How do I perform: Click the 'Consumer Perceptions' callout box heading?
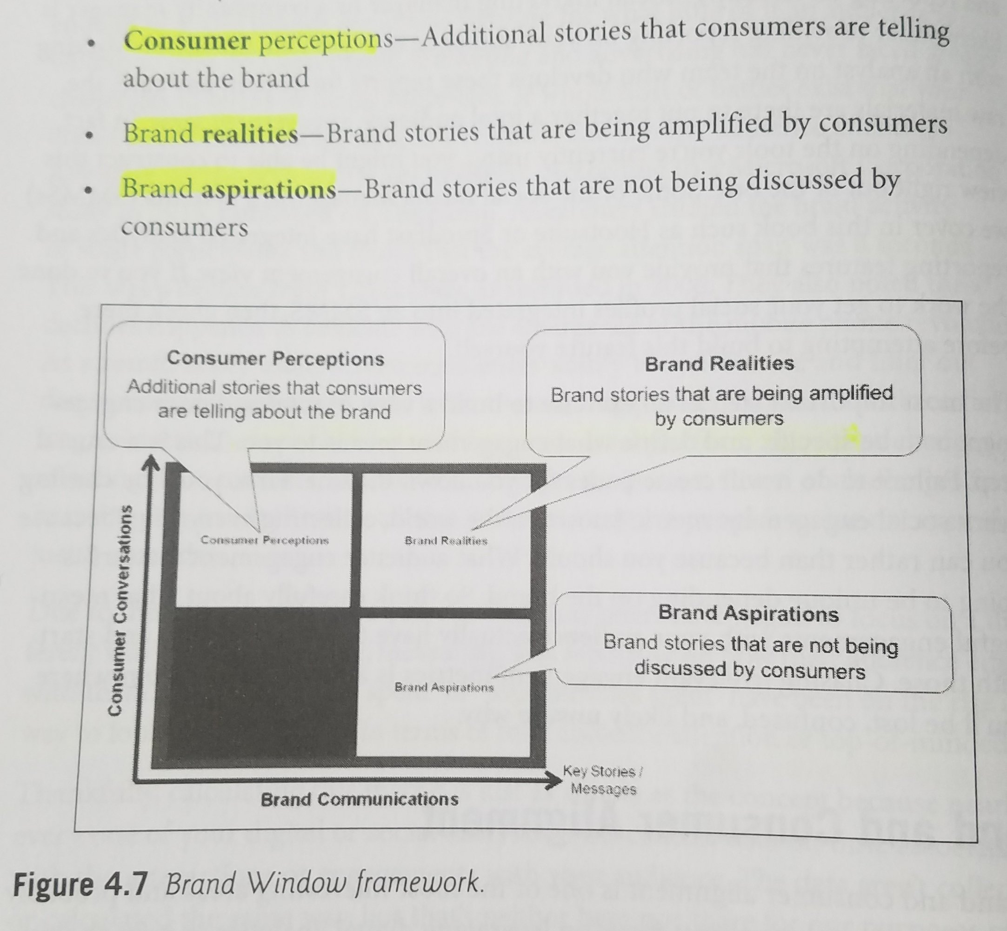coord(275,359)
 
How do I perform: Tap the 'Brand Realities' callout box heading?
coord(720,364)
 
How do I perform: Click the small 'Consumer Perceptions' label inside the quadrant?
coord(265,540)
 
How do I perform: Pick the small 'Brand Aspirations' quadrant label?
coord(444,687)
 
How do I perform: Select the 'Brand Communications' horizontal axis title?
coord(360,799)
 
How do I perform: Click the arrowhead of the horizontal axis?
coord(554,780)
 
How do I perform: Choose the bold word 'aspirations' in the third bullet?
coord(268,189)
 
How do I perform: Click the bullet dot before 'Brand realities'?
coord(90,135)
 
